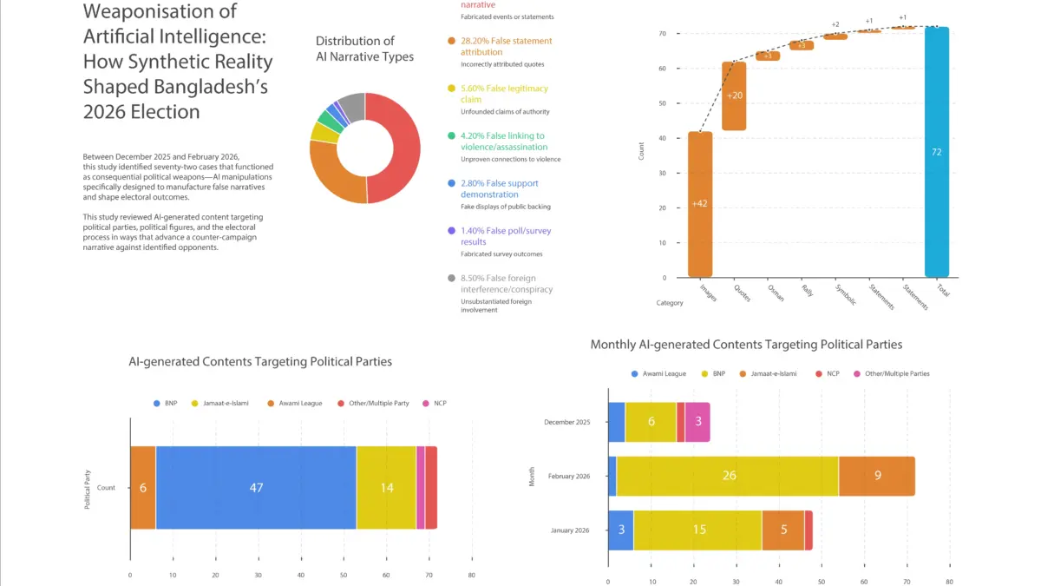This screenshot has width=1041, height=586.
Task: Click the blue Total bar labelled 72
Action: tap(937, 152)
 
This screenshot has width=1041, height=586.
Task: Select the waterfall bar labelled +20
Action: tap(735, 95)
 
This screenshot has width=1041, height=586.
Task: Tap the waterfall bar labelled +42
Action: tap(700, 204)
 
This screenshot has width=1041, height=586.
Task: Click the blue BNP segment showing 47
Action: tap(256, 488)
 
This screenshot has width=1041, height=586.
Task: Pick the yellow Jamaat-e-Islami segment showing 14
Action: tap(386, 488)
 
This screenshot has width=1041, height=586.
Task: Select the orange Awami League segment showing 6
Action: tap(143, 488)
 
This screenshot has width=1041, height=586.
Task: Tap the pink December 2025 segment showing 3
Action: tap(697, 422)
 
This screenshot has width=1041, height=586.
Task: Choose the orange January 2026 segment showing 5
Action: tap(782, 530)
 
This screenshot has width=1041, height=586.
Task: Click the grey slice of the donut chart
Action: tap(352, 107)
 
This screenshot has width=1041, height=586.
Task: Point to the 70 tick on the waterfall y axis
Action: tap(662, 34)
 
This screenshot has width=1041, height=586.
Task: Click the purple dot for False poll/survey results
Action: tap(451, 231)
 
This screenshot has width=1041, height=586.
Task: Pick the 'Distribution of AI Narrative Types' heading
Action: tap(364, 49)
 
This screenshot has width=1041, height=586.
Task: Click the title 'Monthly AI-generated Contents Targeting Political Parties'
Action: tap(746, 345)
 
